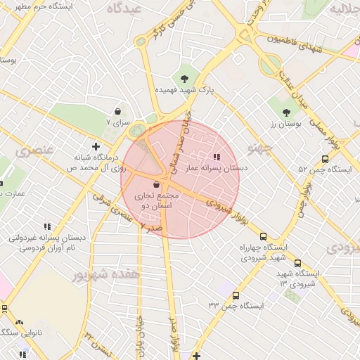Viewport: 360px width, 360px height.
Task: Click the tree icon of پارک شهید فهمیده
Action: pos(184,78)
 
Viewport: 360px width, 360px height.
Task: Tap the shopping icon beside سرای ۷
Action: pos(117,111)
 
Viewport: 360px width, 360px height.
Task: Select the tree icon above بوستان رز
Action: pos(286,112)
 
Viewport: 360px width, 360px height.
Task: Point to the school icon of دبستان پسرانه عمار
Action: pos(217,157)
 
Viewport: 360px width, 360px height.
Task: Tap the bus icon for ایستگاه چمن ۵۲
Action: pos(324,159)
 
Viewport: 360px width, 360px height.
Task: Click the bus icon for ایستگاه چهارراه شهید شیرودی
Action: pos(264,236)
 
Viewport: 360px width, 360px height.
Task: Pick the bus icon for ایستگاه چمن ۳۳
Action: pos(235,295)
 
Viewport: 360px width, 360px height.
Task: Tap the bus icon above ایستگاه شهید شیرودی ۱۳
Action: pos(297,263)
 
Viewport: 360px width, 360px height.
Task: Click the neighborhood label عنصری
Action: pos(32,151)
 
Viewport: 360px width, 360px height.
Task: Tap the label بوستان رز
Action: pos(287,124)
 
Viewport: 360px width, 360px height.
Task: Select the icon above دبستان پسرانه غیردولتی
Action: pos(47,226)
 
